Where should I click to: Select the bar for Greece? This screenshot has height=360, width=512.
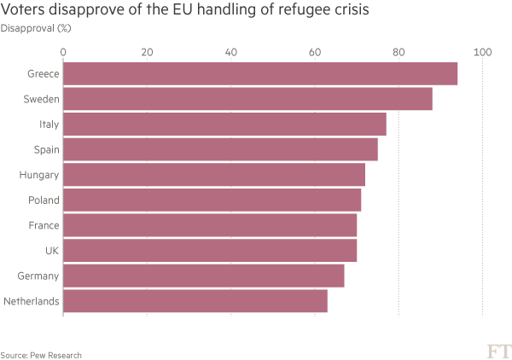[260, 74]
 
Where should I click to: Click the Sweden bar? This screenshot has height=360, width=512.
[247, 99]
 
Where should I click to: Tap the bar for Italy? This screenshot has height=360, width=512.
[224, 125]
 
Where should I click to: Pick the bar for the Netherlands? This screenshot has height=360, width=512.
[195, 302]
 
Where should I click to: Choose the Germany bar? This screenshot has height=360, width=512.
[204, 276]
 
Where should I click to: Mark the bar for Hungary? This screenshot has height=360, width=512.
[214, 175]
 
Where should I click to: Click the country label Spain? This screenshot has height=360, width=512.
[46, 149]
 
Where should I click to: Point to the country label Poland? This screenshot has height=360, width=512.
[44, 200]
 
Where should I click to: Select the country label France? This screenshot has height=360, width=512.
[44, 226]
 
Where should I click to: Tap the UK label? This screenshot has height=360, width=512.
[51, 251]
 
